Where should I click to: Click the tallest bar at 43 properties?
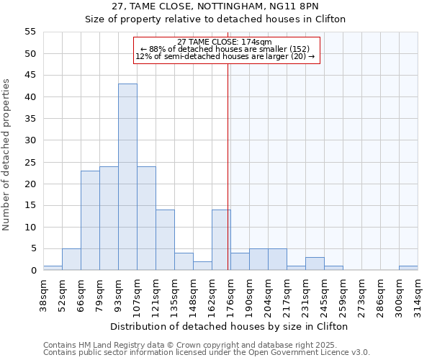point(127,177)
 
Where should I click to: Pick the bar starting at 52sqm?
point(71,259)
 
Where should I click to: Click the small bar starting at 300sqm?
point(408,268)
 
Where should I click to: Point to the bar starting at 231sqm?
point(315,264)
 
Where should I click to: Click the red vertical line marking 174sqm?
point(228,158)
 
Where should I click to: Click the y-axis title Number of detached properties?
point(7,155)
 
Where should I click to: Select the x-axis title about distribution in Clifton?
point(230,326)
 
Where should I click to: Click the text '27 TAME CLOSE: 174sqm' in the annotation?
point(224,42)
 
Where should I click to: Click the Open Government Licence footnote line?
point(207,353)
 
